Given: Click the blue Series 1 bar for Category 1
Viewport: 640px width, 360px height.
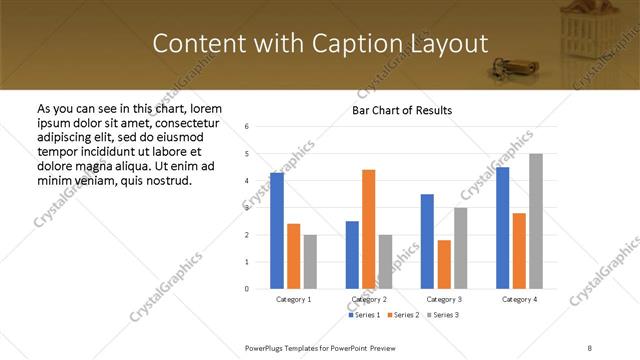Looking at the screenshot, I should pos(277,231).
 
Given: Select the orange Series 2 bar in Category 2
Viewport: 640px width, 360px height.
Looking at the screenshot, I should pos(368,229).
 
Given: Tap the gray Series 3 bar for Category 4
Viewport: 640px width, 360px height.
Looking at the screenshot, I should pos(536,221).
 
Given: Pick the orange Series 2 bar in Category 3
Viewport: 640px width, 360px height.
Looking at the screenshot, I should pos(444,264).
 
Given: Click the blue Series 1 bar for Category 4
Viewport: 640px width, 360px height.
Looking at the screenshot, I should pos(502,228).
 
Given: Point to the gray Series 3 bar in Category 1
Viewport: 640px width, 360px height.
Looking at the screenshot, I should pos(310,262).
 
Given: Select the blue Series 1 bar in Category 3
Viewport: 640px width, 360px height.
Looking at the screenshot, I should pos(427,241).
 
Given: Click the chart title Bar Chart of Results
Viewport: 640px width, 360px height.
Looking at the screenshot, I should pos(402,110).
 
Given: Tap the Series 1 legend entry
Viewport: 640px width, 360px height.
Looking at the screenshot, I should pos(364,315).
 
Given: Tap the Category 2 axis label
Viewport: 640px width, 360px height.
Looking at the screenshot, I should pos(369,299).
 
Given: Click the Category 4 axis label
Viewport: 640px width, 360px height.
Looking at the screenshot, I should pos(519,299).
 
